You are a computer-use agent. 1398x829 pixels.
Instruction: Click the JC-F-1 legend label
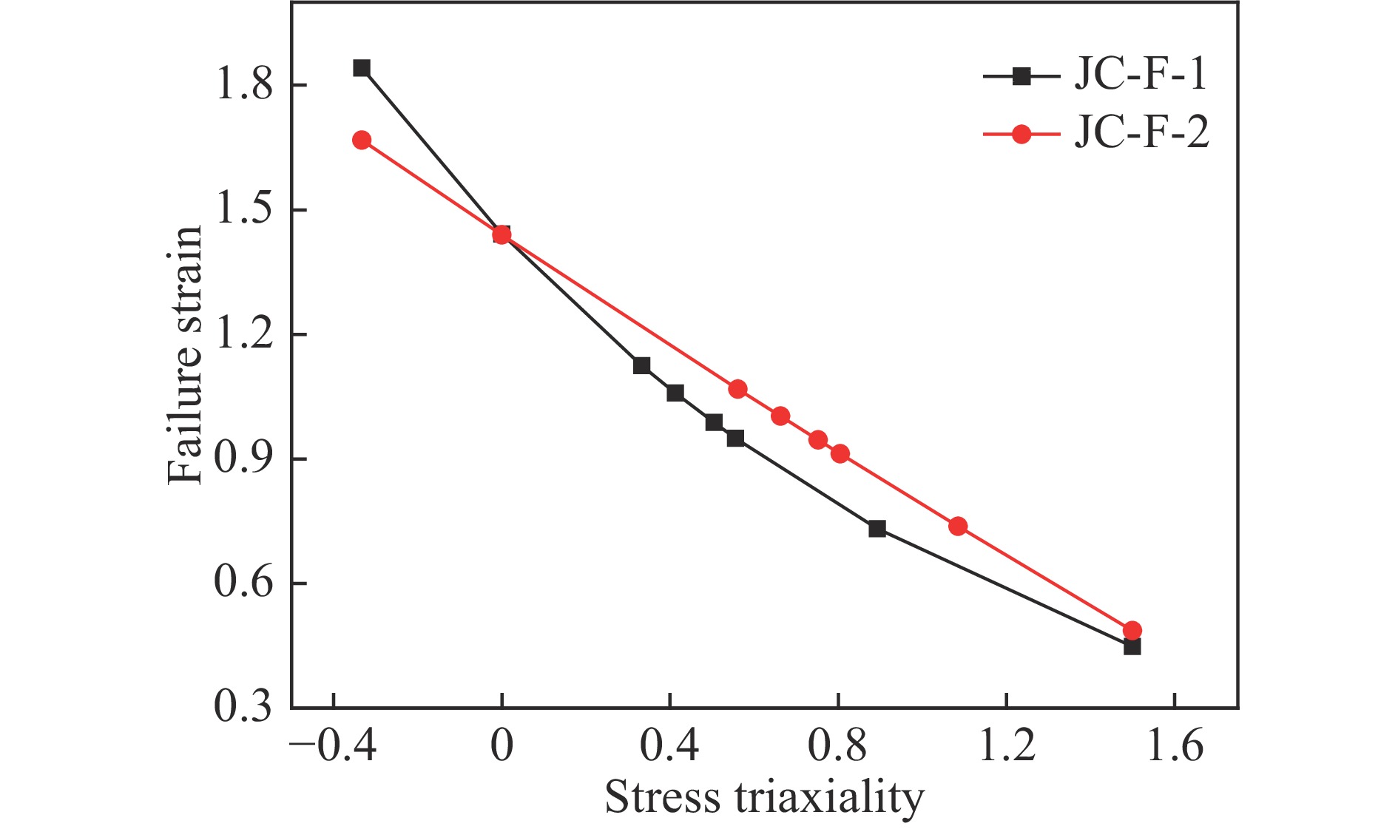pyautogui.click(x=1140, y=75)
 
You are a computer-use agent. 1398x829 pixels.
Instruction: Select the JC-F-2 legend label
pyautogui.click(x=1141, y=134)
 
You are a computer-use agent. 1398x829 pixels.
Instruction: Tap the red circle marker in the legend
pyautogui.click(x=1021, y=134)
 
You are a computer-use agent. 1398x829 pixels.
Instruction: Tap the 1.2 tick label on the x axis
pyautogui.click(x=1007, y=746)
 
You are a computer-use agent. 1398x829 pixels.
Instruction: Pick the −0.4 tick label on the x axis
pyautogui.click(x=333, y=746)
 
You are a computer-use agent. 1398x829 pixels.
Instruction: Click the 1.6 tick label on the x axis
pyautogui.click(x=1175, y=746)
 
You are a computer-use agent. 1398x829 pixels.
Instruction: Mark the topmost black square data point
pyautogui.click(x=362, y=68)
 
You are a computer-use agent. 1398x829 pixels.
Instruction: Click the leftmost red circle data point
pyautogui.click(x=362, y=141)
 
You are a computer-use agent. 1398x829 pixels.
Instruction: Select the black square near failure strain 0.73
pyautogui.click(x=877, y=529)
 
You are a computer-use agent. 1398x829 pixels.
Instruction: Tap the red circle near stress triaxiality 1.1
pyautogui.click(x=958, y=527)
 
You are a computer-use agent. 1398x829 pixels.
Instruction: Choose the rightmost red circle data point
pyautogui.click(x=1132, y=630)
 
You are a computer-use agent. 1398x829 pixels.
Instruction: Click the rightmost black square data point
pyautogui.click(x=1132, y=647)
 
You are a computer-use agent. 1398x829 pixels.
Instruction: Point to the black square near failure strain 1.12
pyautogui.click(x=642, y=365)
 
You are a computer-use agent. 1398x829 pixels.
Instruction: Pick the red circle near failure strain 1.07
pyautogui.click(x=737, y=389)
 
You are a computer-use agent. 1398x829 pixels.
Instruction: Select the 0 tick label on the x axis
pyautogui.click(x=502, y=746)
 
